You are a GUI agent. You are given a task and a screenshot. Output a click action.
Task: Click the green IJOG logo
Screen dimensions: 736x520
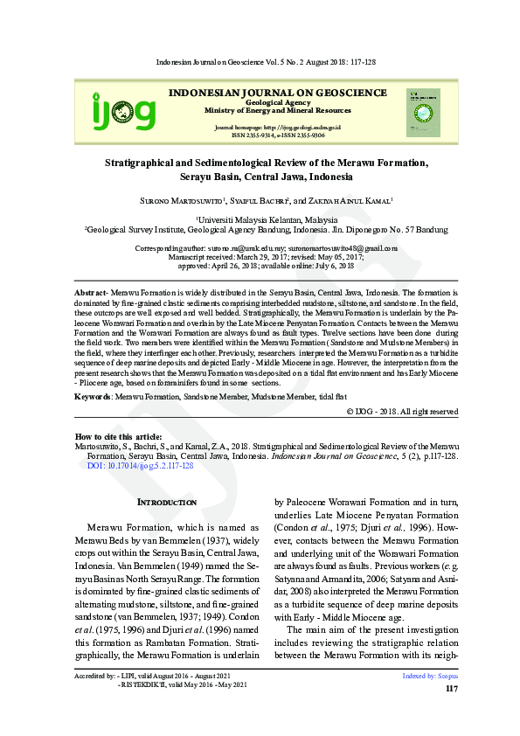(124, 112)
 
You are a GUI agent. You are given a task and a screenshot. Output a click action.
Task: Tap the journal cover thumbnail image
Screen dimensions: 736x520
(423, 112)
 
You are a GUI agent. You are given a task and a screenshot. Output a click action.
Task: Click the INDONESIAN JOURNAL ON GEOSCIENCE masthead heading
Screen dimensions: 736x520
(278, 93)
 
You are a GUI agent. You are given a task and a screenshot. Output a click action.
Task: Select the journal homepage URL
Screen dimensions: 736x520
(277, 128)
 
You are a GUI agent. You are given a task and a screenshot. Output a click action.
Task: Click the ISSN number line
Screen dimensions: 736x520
(278, 135)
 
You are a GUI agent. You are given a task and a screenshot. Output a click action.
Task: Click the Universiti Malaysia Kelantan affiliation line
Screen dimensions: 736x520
(267, 220)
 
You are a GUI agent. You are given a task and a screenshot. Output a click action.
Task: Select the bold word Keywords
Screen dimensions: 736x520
(92, 396)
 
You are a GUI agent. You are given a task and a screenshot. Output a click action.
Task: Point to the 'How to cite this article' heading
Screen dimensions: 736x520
(118, 435)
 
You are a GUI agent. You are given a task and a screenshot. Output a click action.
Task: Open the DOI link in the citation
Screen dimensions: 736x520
(141, 466)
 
